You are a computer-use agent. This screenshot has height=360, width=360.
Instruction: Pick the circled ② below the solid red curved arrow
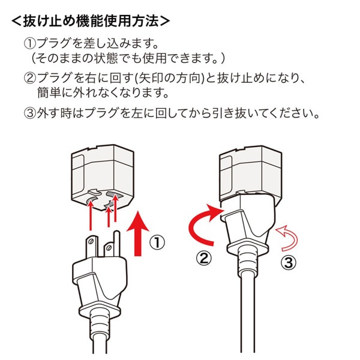coord(205,259)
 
